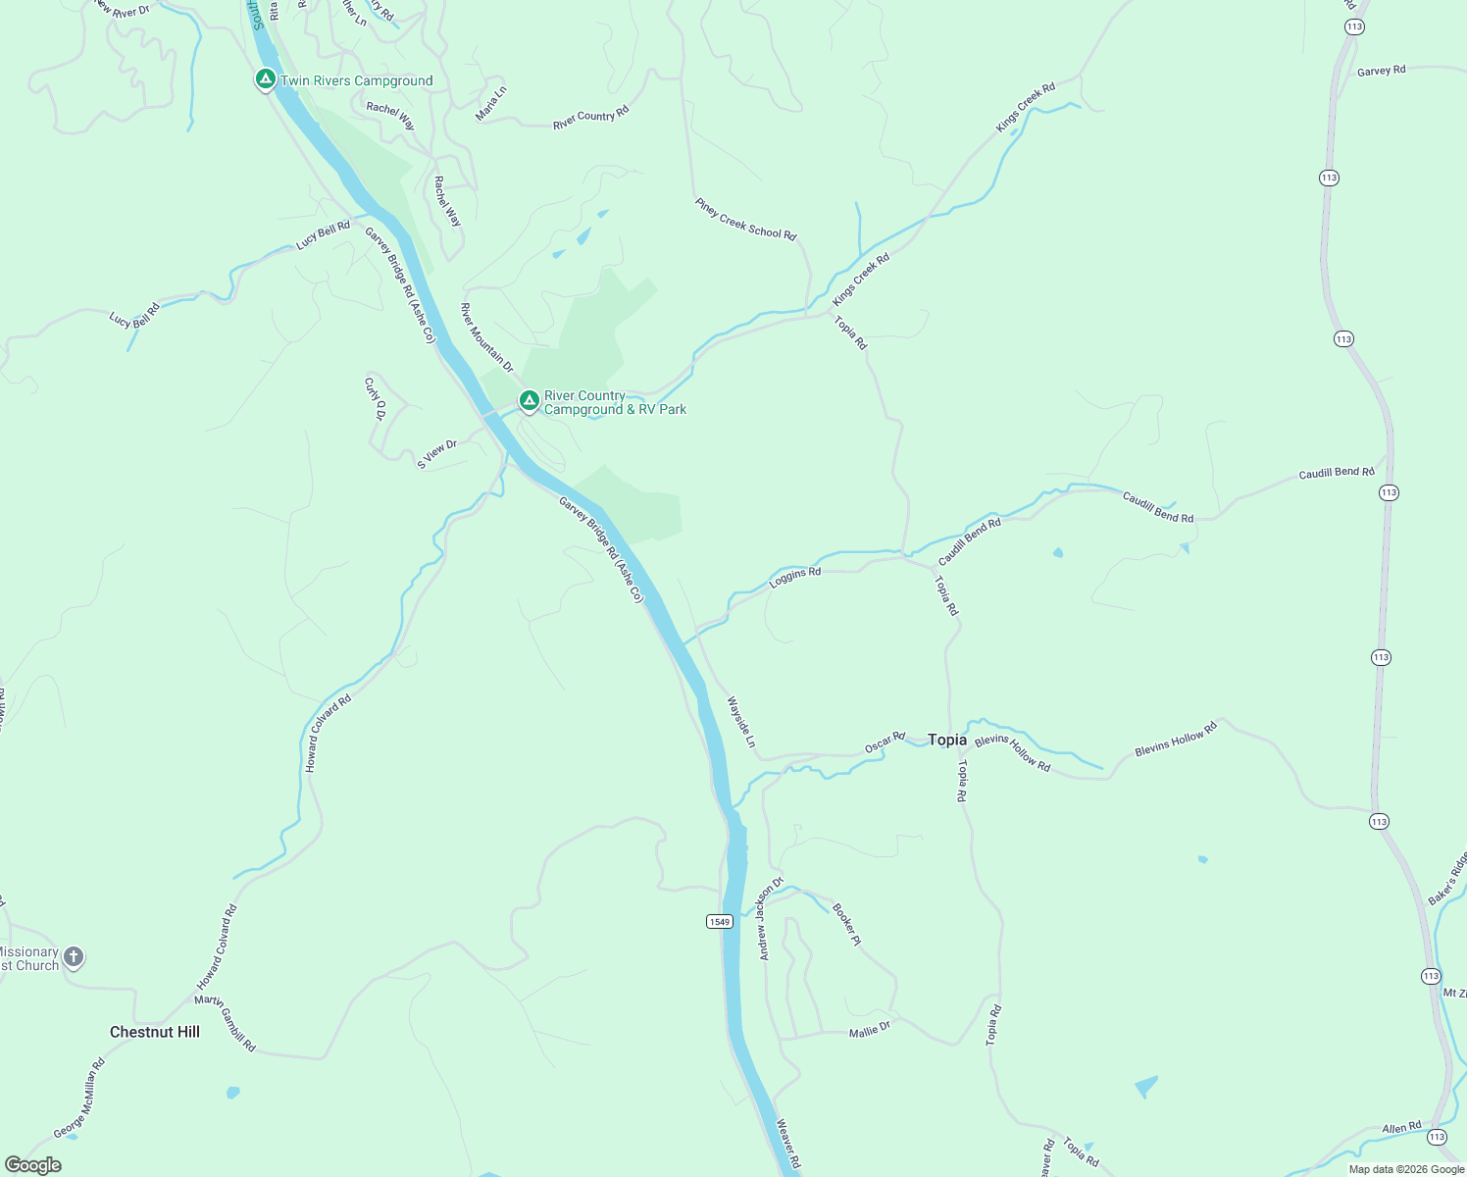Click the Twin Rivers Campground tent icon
(x=265, y=78)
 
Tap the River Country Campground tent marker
(x=529, y=400)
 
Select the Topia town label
(x=947, y=740)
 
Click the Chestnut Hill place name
(x=155, y=1032)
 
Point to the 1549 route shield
(x=719, y=921)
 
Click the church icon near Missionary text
(x=74, y=956)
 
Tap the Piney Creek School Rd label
(x=745, y=220)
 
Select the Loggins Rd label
(x=794, y=577)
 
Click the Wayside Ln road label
(x=741, y=722)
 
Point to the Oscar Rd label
(x=885, y=742)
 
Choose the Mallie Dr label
(x=869, y=1029)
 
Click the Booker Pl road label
(x=846, y=924)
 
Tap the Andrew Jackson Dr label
(x=770, y=918)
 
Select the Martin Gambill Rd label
(x=225, y=1023)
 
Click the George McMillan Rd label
(x=78, y=1099)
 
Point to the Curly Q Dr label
(x=374, y=398)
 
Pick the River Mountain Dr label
(x=486, y=336)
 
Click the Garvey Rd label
(x=1381, y=71)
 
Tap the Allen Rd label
(x=1401, y=1128)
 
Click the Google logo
(x=33, y=1165)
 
